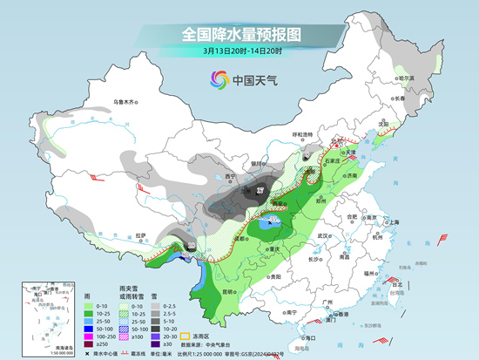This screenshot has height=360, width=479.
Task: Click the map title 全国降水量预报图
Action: tap(239, 34)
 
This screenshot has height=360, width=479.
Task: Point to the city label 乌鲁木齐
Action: tap(125, 102)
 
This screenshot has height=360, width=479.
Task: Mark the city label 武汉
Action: tap(325, 236)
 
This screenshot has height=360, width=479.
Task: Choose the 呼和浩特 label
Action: tap(301, 134)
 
